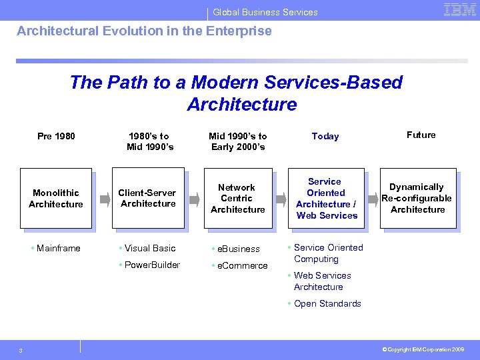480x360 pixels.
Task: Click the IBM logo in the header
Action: (x=459, y=9)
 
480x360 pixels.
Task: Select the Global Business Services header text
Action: (x=265, y=12)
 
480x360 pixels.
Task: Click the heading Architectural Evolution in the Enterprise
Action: (x=144, y=31)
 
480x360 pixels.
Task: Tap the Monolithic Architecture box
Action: (x=56, y=199)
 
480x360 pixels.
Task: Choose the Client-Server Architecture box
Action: (x=148, y=199)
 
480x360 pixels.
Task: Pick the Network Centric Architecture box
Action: (x=237, y=199)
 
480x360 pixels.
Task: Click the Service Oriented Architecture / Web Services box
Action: (x=327, y=199)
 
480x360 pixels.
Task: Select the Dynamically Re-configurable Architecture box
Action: (x=417, y=198)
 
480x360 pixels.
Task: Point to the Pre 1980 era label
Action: (x=56, y=136)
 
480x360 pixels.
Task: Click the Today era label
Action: (x=325, y=136)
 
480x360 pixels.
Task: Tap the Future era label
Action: (x=421, y=135)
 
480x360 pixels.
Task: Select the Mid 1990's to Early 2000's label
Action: (x=238, y=141)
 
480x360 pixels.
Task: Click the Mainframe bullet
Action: (x=58, y=249)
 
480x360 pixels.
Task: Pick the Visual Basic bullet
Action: (x=150, y=249)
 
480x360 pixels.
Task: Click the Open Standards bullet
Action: (x=327, y=303)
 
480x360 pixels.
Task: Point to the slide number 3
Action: (x=21, y=351)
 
